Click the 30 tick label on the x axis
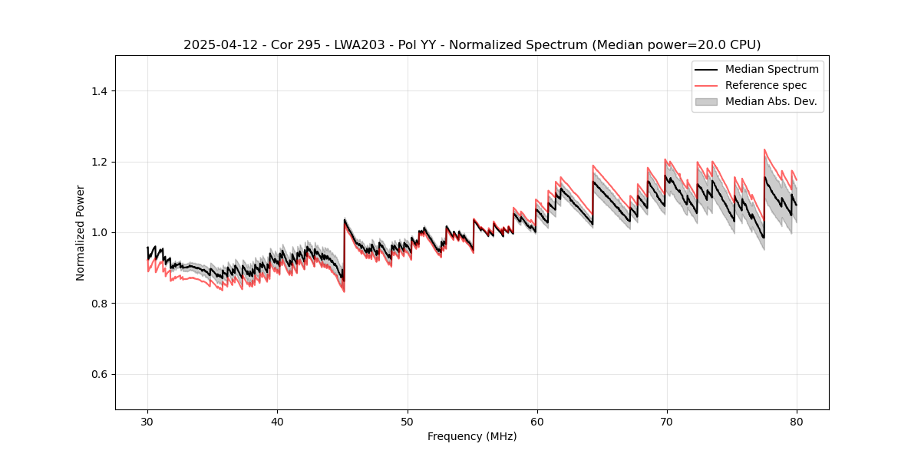tap(147, 422)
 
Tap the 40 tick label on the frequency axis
tap(277, 422)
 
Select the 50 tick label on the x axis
tap(408, 422)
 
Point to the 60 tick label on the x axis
tap(537, 422)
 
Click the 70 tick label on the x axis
tap(667, 422)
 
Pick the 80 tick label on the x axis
tap(797, 422)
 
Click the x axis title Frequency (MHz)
tap(472, 437)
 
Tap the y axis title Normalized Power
tap(81, 232)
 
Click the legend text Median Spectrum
tap(771, 69)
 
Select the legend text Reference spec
tap(766, 85)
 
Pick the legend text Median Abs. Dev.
tap(771, 101)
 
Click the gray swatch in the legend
tap(706, 101)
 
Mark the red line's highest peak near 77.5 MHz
tap(764, 149)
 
